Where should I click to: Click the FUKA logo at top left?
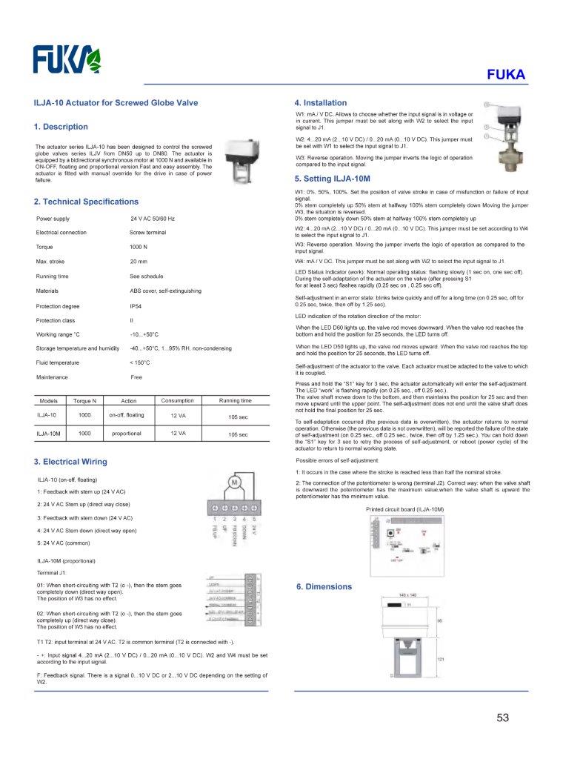point(66,59)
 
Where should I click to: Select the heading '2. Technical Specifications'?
point(86,202)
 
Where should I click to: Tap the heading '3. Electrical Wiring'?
point(70,461)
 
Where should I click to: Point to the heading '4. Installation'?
point(320,103)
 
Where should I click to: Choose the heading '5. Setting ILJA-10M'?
point(332,179)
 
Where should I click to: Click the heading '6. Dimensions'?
point(324,586)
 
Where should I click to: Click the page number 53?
point(504,717)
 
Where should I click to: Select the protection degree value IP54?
point(137,305)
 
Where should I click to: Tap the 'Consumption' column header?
point(177,401)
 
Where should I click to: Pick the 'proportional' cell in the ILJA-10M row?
point(126,434)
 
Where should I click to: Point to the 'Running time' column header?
point(236,401)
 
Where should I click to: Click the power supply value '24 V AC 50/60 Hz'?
point(153,219)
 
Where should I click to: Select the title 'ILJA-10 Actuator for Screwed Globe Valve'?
point(116,103)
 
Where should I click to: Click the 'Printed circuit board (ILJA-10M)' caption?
point(404,509)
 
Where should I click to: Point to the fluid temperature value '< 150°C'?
point(140,362)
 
